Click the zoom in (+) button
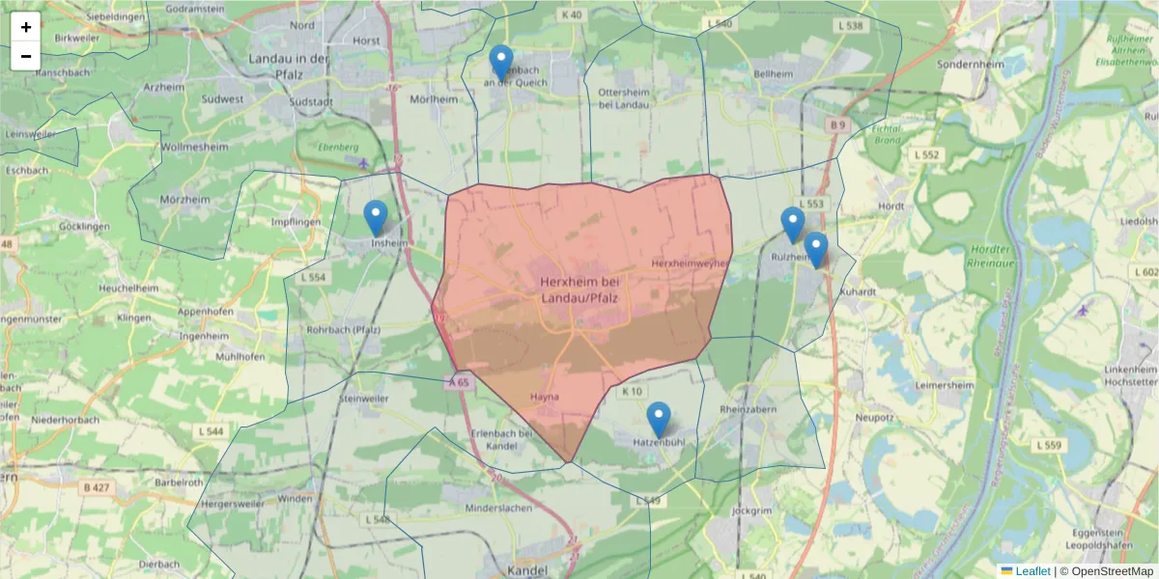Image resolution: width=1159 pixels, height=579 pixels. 26,27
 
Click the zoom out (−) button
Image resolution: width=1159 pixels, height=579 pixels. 26,56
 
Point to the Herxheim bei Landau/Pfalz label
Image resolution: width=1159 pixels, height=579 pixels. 579,289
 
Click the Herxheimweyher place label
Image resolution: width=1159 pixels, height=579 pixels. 691,262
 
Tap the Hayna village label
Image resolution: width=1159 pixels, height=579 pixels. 545,397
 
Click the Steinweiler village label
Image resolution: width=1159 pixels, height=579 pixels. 363,398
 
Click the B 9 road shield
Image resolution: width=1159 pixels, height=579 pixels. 836,124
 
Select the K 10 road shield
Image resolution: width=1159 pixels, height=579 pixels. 633,391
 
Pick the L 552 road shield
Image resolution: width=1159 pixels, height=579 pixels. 926,154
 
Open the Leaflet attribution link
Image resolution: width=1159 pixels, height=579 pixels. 1032,571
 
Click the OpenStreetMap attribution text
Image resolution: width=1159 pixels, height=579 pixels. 1112,571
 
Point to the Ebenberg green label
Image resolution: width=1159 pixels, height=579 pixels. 339,147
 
